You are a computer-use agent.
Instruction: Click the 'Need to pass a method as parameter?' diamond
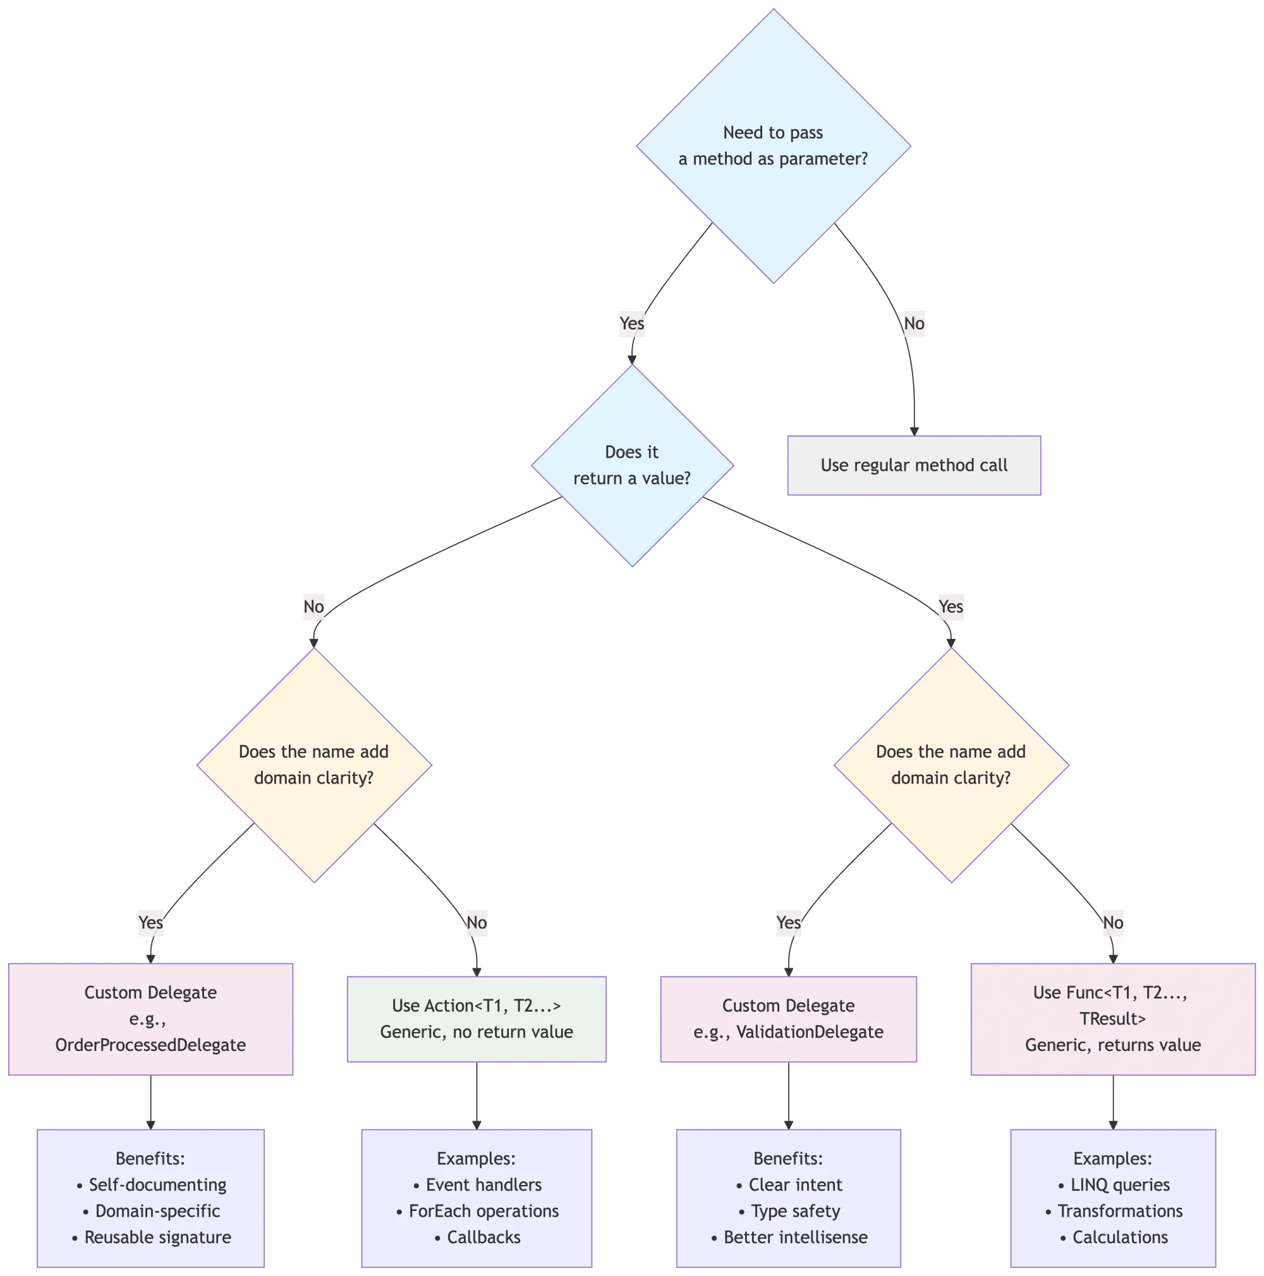point(774,146)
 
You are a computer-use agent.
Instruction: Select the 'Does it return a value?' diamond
point(632,465)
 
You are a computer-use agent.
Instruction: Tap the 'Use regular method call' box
point(914,466)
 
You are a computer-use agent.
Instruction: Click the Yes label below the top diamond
point(632,324)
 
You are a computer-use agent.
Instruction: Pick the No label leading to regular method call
point(914,324)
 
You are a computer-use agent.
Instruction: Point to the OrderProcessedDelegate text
point(150,1045)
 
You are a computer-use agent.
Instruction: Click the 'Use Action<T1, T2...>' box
point(476,1019)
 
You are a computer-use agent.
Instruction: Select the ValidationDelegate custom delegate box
point(789,1019)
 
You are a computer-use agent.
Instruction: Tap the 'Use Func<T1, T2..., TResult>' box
point(1113,1019)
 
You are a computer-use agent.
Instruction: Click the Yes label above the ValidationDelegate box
point(789,923)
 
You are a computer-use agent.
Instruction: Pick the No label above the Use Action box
point(477,923)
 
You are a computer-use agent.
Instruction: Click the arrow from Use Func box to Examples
point(1114,1102)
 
